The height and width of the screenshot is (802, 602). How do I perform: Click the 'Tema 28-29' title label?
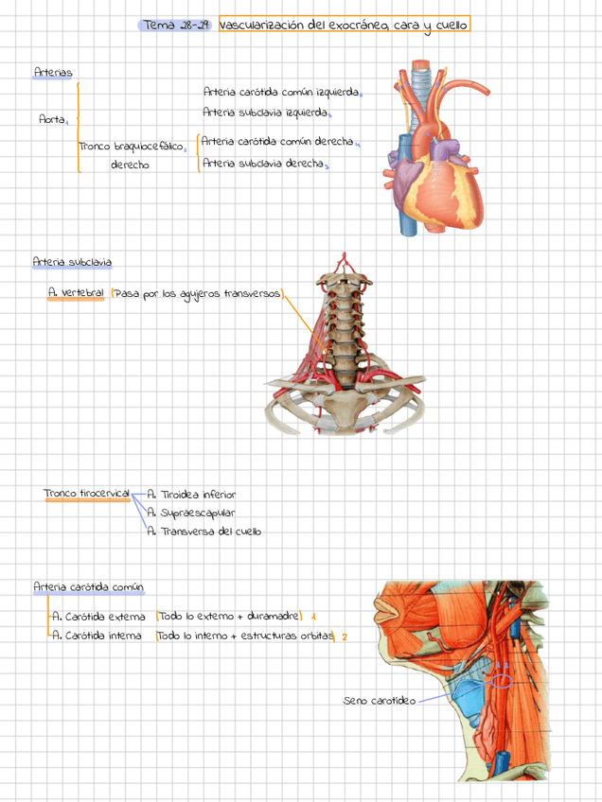point(176,25)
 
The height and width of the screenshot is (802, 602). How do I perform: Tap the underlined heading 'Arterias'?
point(52,72)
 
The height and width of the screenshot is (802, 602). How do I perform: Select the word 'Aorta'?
point(52,119)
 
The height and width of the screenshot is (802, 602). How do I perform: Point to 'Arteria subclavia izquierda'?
point(265,113)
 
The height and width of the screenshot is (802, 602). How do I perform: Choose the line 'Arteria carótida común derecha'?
point(277,141)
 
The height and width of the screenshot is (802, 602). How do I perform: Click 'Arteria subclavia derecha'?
point(262,163)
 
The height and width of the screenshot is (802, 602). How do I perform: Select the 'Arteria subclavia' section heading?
point(71,261)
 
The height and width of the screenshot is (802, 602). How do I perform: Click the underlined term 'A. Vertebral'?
point(76,293)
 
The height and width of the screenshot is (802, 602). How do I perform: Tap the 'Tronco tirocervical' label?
point(86,494)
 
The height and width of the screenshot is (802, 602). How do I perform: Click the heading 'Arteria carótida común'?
point(87,587)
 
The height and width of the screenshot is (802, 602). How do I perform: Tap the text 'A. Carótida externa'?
point(98,617)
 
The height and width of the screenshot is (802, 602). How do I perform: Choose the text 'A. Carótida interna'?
point(97,636)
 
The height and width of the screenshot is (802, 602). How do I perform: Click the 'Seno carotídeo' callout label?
point(379,701)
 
